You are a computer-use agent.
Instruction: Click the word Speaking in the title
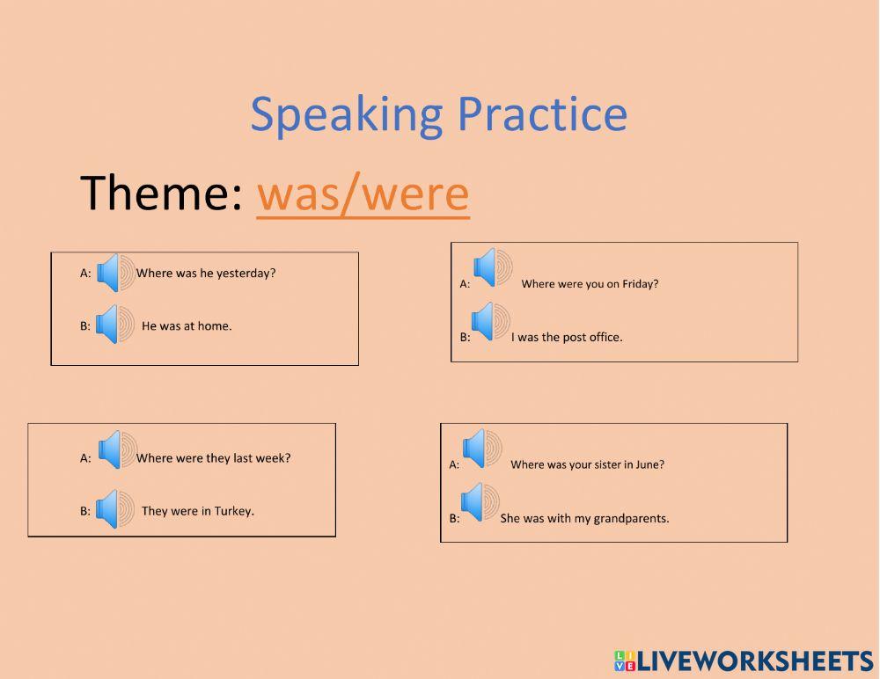pyautogui.click(x=346, y=116)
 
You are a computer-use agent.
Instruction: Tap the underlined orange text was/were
pyautogui.click(x=363, y=193)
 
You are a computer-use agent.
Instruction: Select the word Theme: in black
pyautogui.click(x=162, y=193)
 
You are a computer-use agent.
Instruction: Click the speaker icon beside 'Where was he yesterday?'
pyautogui.click(x=115, y=272)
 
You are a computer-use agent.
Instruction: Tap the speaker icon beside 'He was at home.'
pyautogui.click(x=114, y=324)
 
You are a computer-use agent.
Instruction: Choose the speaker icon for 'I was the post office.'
pyautogui.click(x=490, y=322)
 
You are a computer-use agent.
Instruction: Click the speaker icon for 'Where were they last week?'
pyautogui.click(x=117, y=449)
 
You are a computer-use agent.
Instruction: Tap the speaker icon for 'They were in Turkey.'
pyautogui.click(x=114, y=508)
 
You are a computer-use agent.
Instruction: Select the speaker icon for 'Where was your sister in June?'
pyautogui.click(x=481, y=449)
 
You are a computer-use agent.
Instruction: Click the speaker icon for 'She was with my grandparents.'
pyautogui.click(x=480, y=502)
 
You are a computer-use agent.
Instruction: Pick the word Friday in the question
pyautogui.click(x=641, y=284)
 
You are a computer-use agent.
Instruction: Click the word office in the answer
pyautogui.click(x=605, y=337)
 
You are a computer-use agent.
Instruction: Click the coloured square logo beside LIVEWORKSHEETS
pyautogui.click(x=625, y=661)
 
